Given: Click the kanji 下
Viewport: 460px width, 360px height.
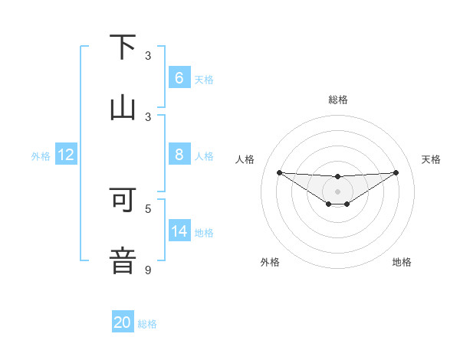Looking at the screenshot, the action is click(x=123, y=47).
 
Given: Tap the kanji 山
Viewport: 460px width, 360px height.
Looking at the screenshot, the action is click(x=123, y=107).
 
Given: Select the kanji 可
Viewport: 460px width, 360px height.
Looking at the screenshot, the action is click(x=123, y=198).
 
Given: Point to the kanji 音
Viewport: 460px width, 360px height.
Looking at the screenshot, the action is click(x=123, y=260).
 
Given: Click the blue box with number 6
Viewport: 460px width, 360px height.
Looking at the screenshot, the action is click(x=179, y=77).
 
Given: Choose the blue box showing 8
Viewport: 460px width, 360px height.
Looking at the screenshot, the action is click(x=179, y=154).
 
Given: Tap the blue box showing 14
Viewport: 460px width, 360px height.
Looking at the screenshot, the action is click(x=179, y=231).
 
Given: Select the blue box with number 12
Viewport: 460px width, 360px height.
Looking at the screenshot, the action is click(x=65, y=155).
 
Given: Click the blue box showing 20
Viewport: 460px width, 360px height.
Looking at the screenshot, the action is click(x=123, y=322).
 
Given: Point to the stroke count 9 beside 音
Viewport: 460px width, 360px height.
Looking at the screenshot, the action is click(x=148, y=270).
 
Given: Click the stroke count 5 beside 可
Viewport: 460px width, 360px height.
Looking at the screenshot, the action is click(x=148, y=208).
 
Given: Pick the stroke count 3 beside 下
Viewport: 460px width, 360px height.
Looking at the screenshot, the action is click(x=148, y=56).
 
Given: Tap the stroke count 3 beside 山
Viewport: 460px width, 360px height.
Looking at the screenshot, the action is click(x=148, y=117).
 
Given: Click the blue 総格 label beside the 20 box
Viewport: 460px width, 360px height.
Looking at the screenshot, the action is click(x=147, y=324).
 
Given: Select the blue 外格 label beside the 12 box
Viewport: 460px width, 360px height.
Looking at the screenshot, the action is click(x=41, y=156).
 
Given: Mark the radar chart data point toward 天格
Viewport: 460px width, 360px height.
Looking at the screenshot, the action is click(x=396, y=172).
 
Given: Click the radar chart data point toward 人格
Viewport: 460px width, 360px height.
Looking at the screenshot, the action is click(x=279, y=172).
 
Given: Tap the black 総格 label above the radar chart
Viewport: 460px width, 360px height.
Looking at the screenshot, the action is click(x=337, y=100).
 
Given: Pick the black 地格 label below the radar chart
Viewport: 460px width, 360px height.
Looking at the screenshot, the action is click(x=402, y=262).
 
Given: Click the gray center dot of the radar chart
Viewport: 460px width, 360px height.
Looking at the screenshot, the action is click(x=337, y=191).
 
